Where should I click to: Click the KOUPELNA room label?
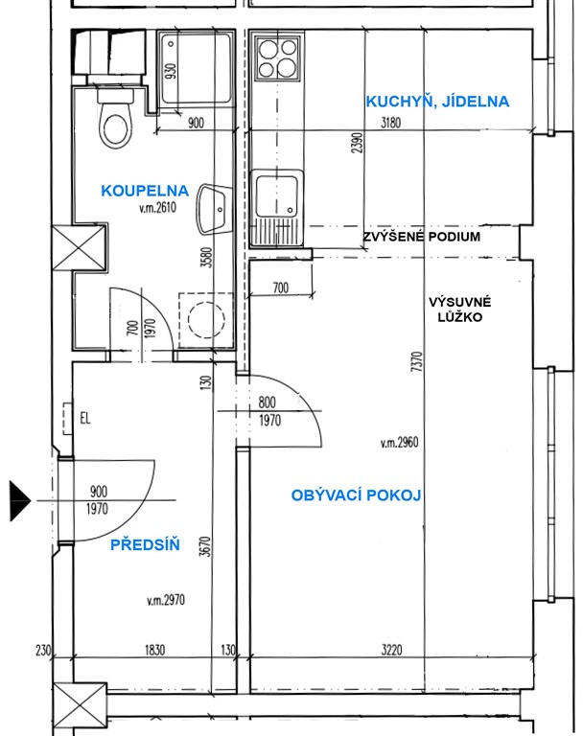145,191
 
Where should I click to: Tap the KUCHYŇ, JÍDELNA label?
437,102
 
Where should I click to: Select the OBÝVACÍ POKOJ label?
356,495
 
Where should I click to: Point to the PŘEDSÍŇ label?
145,545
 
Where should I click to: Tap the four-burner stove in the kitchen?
278,58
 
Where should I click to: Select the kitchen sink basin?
277,196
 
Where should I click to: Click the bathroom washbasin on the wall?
214,209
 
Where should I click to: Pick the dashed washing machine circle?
206,320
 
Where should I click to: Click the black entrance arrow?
20,501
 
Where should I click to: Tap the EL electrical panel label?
85,418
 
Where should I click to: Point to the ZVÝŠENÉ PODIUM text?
421,236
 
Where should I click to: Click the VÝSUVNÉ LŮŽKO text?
460,310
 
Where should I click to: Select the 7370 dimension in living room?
416,361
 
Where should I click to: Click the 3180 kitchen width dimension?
390,123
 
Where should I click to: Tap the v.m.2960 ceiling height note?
399,442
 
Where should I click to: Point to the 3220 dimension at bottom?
392,650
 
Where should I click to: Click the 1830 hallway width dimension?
154,650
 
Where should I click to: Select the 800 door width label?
267,402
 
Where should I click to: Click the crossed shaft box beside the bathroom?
79,248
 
